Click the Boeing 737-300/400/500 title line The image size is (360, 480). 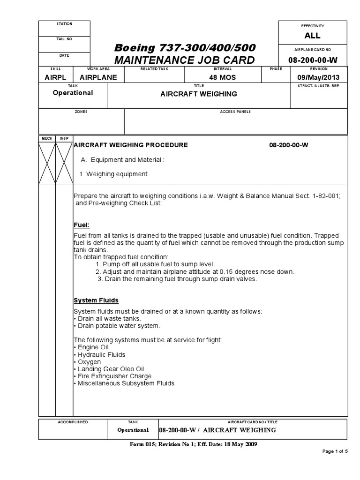(x=184, y=49)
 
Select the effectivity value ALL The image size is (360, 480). (x=313, y=36)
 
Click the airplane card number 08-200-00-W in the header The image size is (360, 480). (x=313, y=60)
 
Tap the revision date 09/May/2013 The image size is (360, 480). (x=319, y=77)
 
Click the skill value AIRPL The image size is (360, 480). (x=55, y=77)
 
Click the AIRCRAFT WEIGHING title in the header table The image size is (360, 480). (x=199, y=94)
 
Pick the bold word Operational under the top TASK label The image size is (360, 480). (x=73, y=93)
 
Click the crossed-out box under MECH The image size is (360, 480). (x=47, y=163)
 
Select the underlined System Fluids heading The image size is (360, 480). (x=96, y=300)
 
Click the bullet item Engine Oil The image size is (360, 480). (x=92, y=347)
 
